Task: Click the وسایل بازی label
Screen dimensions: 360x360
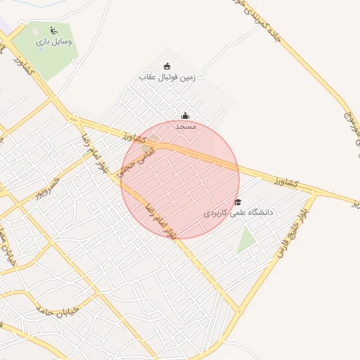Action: [55, 41]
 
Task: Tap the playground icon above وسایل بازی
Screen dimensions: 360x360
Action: [54, 30]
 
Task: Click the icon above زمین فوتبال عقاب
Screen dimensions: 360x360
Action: [167, 66]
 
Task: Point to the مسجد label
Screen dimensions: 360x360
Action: [186, 126]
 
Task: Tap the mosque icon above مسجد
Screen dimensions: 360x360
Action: [186, 116]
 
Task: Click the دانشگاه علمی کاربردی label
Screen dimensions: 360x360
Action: [237, 212]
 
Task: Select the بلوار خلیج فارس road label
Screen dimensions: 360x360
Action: [295, 232]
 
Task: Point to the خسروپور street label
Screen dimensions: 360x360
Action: [52, 186]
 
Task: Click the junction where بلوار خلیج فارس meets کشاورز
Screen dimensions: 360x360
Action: [316, 192]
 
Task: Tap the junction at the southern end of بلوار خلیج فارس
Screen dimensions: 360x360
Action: [240, 311]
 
